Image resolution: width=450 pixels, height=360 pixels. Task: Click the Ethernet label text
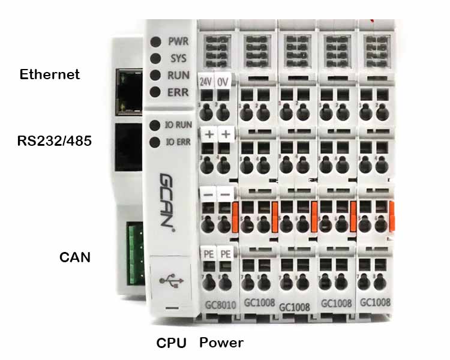click(x=50, y=74)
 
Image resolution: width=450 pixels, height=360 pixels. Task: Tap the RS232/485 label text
click(x=54, y=142)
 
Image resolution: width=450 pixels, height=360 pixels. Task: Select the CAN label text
click(x=75, y=257)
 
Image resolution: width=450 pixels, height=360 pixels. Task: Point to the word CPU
click(x=172, y=343)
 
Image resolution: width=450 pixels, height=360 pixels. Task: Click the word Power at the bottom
click(x=221, y=343)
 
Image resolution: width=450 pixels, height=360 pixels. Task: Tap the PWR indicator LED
click(x=156, y=42)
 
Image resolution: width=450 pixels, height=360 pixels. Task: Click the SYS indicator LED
click(x=156, y=59)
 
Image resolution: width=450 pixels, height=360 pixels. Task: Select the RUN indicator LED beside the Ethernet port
click(x=156, y=76)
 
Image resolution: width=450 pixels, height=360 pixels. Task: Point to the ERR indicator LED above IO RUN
click(x=156, y=92)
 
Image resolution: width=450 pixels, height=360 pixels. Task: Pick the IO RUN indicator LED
click(x=154, y=125)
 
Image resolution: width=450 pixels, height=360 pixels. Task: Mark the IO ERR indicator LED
click(x=154, y=142)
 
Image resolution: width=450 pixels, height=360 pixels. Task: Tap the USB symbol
click(x=170, y=280)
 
